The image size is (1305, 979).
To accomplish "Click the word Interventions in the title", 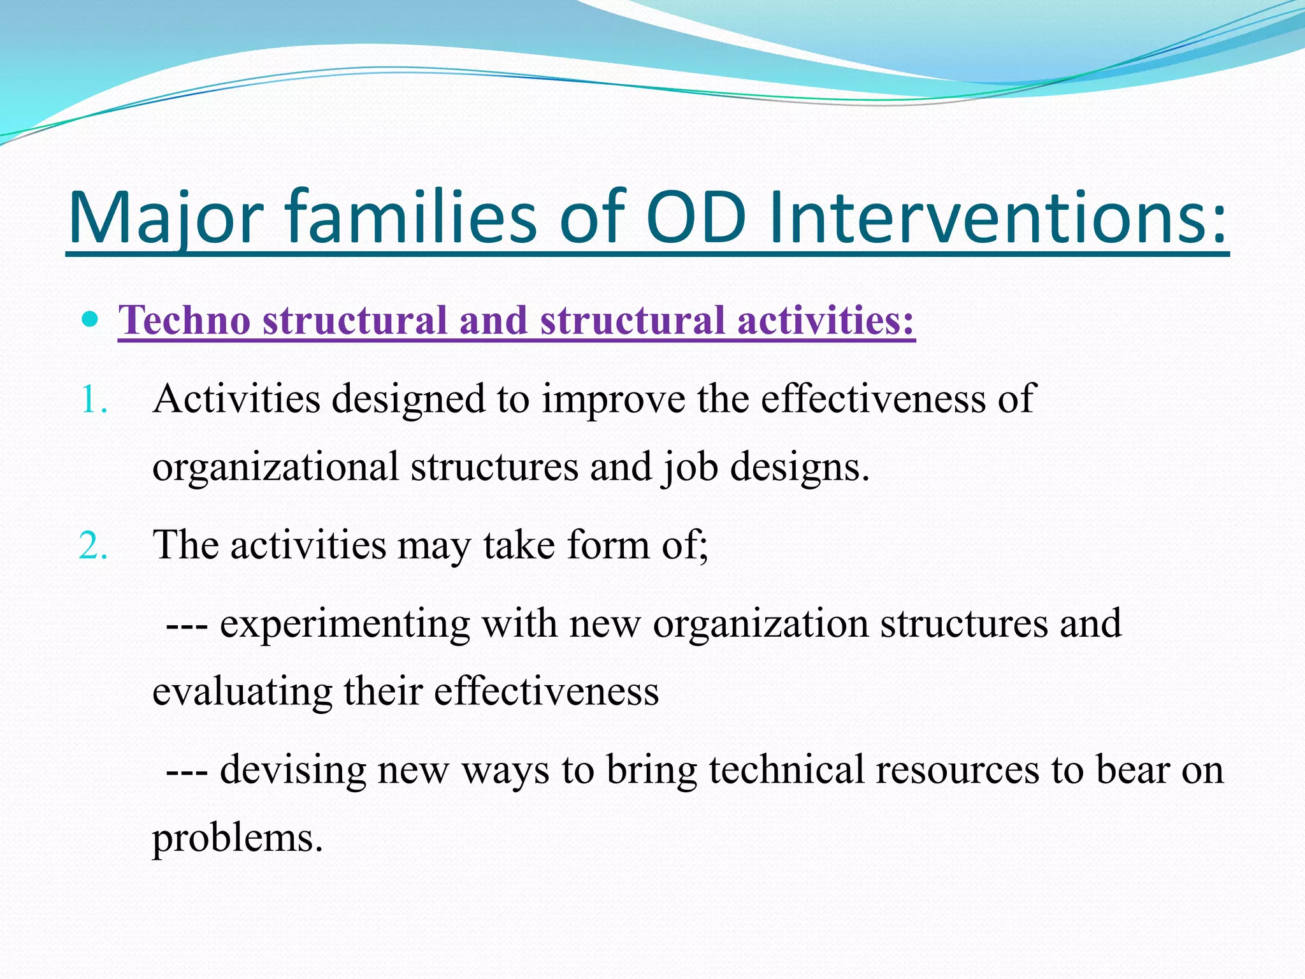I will [998, 218].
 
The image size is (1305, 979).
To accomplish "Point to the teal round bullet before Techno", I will [91, 319].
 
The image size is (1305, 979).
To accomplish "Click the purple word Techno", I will [184, 320].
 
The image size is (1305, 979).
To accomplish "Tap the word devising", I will [293, 770].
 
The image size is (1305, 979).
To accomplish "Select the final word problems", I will [237, 839].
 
